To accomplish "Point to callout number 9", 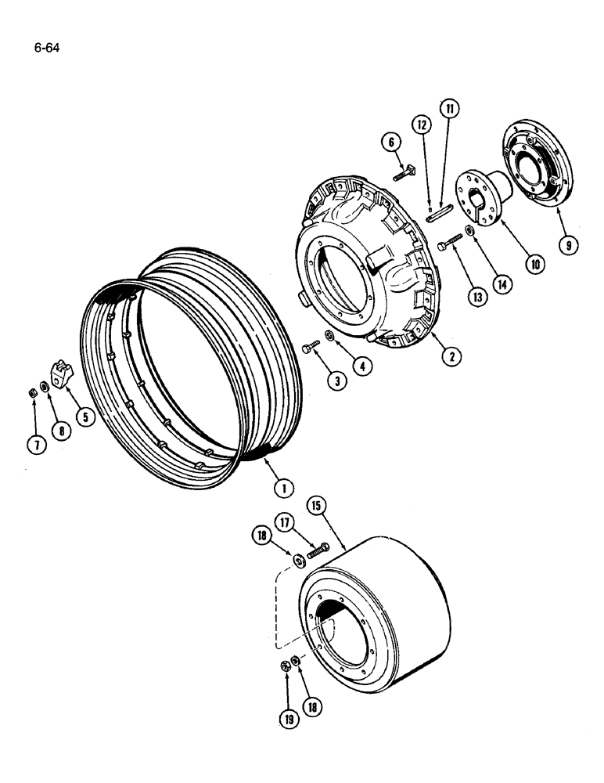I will (570, 245).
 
